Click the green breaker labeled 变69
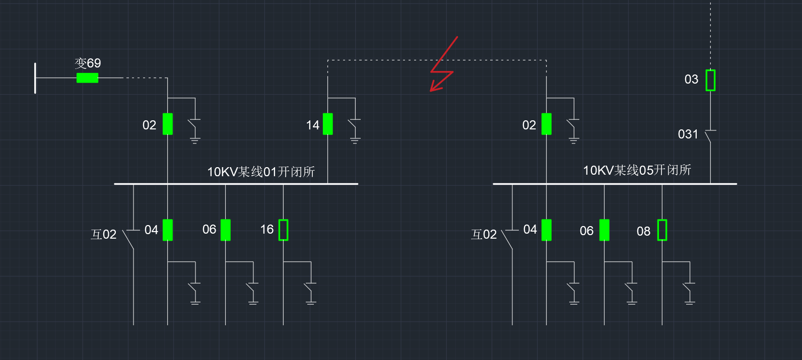87,78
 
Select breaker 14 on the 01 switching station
327,124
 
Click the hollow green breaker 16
283,230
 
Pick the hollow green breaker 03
710,80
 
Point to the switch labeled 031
710,135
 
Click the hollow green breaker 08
662,230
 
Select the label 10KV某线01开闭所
261,172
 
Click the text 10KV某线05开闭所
637,170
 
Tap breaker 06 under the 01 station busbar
225,230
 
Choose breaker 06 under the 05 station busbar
604,230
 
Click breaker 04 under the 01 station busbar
168,230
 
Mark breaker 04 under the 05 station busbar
546,230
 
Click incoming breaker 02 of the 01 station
168,124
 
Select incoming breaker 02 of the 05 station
546,124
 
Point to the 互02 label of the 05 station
484,235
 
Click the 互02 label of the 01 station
104,235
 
